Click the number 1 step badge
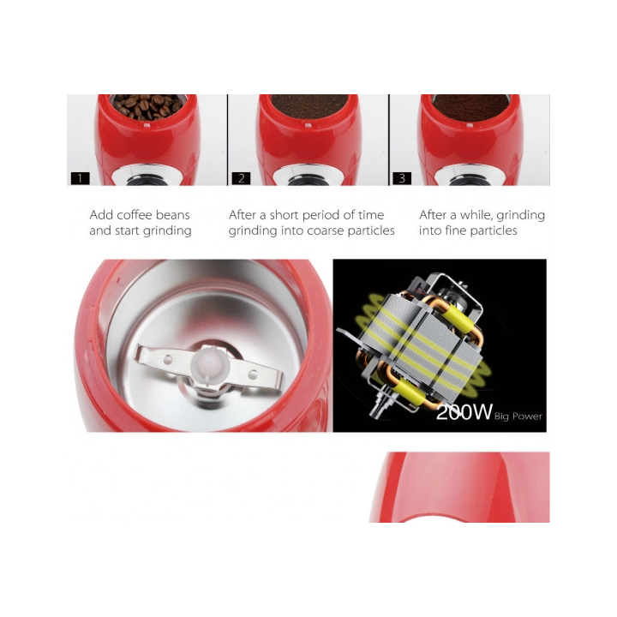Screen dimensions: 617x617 [x=81, y=178]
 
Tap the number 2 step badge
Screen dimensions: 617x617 [x=241, y=178]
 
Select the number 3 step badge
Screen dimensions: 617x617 [x=402, y=178]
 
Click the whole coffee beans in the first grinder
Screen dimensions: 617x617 [x=148, y=106]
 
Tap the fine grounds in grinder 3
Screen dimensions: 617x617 [x=470, y=106]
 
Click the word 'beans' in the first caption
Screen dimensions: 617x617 [x=173, y=215]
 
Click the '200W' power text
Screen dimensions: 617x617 [x=464, y=412]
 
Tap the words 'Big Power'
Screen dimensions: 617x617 [x=518, y=416]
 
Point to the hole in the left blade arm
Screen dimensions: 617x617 [x=168, y=359]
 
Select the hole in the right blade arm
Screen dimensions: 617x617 [x=253, y=374]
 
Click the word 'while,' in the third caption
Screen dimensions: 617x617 [x=476, y=215]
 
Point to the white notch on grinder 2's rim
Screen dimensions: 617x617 [x=308, y=126]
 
